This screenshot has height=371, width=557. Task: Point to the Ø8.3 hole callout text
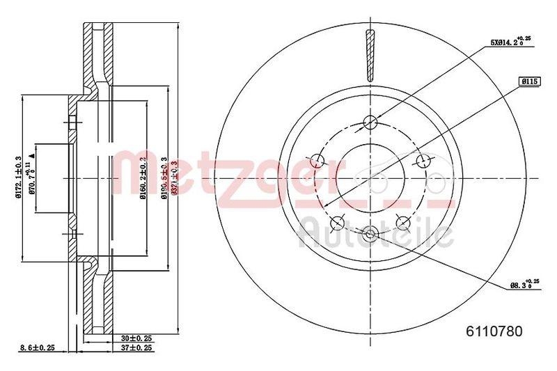coord(520,283)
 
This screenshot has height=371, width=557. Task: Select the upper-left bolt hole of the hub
coord(318,161)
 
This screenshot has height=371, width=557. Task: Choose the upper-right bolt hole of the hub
coord(422,161)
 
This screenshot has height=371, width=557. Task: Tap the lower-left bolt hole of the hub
coord(338,222)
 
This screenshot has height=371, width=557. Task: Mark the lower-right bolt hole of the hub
coord(402,222)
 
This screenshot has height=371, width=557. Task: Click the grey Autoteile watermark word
coord(376,233)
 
